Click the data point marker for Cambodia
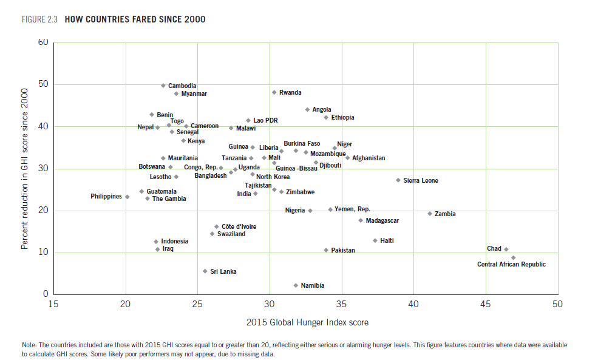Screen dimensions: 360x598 163,86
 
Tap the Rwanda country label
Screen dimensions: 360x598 290,92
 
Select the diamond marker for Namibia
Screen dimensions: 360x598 296,285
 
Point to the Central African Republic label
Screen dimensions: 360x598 511,264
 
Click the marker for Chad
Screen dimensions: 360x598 506,249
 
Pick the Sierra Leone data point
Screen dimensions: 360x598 398,180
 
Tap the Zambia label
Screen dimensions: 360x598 445,214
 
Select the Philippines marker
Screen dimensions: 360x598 127,197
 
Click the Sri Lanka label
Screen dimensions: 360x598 223,271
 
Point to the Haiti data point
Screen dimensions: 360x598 375,240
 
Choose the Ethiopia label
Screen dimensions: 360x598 342,117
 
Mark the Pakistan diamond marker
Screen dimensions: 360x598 326,250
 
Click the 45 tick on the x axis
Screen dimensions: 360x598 485,304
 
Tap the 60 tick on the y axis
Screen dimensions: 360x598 42,42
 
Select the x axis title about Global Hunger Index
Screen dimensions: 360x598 307,322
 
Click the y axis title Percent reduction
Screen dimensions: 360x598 25,169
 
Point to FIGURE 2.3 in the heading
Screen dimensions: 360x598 41,19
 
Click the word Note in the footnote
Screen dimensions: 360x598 29,345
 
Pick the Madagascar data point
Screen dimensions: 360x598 361,220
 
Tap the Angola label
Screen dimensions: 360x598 322,109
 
